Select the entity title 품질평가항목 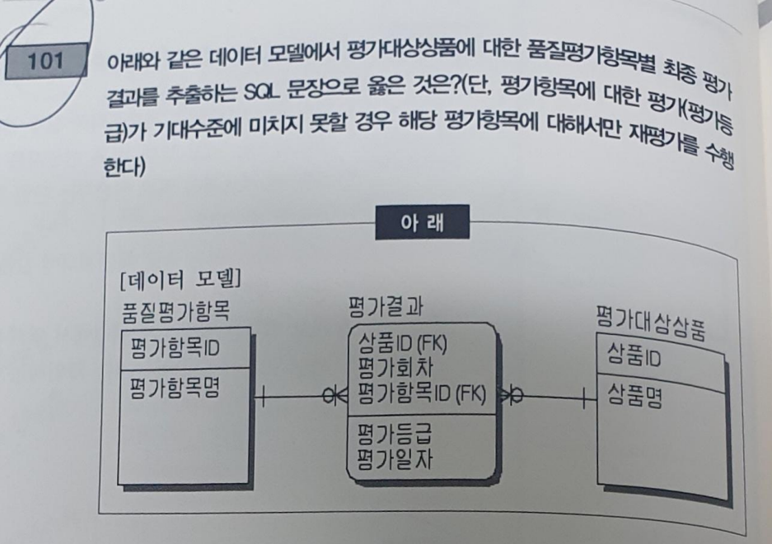[175, 310]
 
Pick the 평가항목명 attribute [175, 388]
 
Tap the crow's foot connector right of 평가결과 [509, 398]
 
